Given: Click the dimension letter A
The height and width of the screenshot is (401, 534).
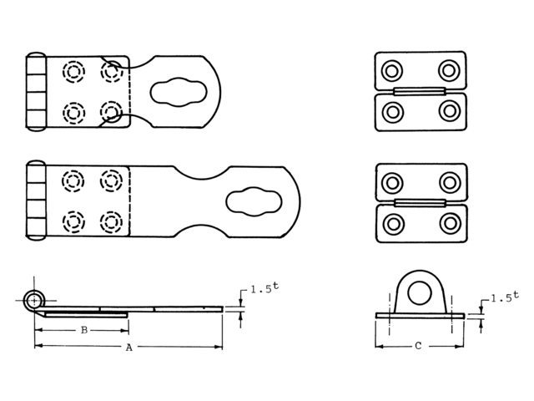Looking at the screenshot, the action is tap(128, 348).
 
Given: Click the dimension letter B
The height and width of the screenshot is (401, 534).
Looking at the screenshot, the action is tap(84, 330).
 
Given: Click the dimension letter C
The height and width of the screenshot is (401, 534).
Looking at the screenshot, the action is tap(418, 346).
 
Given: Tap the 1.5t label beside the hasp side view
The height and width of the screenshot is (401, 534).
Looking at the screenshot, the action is tap(264, 288).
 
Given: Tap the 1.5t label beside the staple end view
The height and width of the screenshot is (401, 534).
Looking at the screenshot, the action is tap(505, 297).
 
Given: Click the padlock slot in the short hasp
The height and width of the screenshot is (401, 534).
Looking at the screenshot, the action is tap(179, 92).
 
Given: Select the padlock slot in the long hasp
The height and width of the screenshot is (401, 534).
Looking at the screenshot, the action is tap(254, 201).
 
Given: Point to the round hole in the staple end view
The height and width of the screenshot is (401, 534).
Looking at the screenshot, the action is tap(420, 293).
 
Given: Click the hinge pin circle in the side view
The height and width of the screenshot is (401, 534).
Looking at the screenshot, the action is tap(34, 301).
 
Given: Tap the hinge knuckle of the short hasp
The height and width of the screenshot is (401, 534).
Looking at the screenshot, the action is tap(36, 92).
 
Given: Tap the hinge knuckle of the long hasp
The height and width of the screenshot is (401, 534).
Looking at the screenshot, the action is tap(36, 200).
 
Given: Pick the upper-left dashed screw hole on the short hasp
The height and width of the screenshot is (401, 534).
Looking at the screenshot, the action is tap(73, 72).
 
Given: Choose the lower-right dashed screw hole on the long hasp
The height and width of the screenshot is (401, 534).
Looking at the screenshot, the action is tap(111, 222).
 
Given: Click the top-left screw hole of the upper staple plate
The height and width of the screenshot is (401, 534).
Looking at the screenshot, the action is tap(392, 71).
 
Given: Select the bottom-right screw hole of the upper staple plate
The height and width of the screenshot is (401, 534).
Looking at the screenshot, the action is tap(450, 111).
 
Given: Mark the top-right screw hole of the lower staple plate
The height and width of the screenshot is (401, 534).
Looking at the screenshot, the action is tap(450, 183).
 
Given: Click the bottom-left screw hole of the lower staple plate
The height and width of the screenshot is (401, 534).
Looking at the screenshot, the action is tap(393, 224).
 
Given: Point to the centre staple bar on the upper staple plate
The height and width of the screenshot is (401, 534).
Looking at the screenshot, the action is tap(420, 91).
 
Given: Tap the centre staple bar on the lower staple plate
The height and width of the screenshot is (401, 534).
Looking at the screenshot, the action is tap(421, 203).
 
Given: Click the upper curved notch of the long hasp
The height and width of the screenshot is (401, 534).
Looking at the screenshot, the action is tap(202, 175).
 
